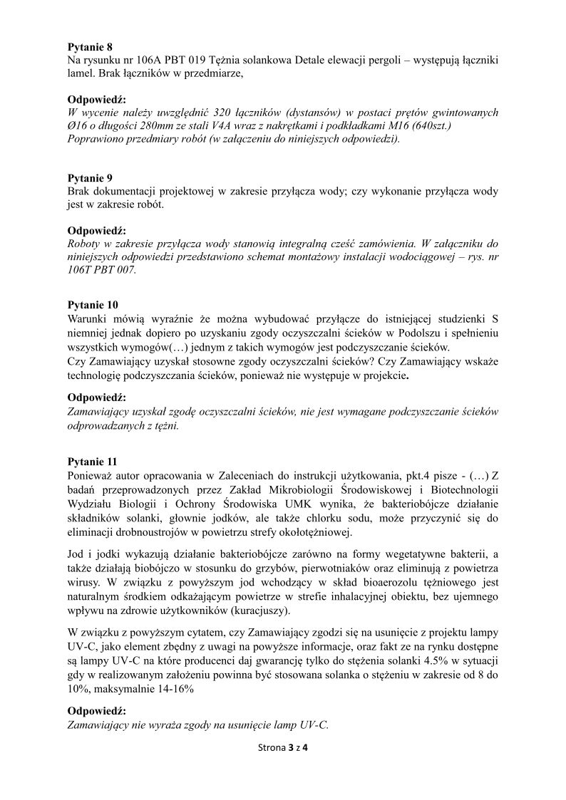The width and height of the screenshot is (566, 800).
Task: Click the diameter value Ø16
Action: pyautogui.click(x=78, y=126)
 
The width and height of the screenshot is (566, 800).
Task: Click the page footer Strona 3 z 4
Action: pyautogui.click(x=283, y=748)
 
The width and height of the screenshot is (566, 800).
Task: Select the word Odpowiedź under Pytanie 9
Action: pyautogui.click(x=96, y=231)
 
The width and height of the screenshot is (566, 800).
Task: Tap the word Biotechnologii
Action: pyautogui.click(x=463, y=489)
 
